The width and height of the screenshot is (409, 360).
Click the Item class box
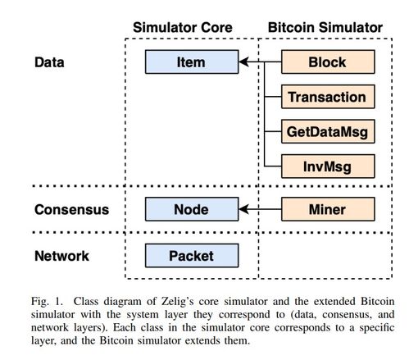coord(192,62)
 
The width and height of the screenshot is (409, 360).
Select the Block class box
coord(328,62)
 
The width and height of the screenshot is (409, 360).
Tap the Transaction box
coord(328,97)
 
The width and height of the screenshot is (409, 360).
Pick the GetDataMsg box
coord(328,131)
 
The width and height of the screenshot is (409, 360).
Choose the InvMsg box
coord(328,166)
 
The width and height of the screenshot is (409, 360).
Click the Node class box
coord(192,209)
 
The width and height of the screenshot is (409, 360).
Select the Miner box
coord(328,209)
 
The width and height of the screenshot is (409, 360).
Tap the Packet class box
coord(192,256)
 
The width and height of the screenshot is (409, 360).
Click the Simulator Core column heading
coord(183,27)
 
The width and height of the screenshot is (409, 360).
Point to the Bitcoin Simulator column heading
coord(325,27)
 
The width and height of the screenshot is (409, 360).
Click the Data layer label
coord(49,62)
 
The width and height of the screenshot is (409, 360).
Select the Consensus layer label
coord(71,209)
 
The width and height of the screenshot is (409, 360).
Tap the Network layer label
coord(61,256)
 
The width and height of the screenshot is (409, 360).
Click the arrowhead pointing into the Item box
coord(243,62)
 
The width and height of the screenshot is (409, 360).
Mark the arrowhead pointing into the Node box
coord(243,209)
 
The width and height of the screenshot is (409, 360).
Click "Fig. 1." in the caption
coord(47,301)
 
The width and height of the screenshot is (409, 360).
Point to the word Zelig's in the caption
coord(178,301)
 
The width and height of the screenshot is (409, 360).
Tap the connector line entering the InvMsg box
coord(273,166)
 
